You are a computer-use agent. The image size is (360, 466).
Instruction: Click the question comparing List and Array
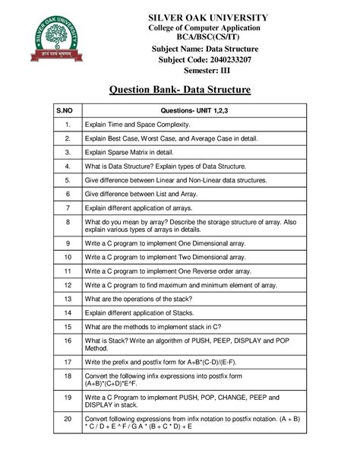tap(151, 194)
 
